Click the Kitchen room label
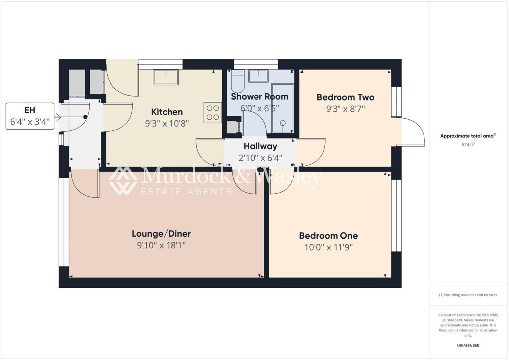[167, 112]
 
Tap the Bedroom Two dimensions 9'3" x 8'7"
[345, 109]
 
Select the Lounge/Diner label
[162, 234]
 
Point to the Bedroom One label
[329, 236]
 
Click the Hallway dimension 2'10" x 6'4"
[260, 158]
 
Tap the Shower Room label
[259, 97]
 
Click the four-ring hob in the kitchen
[213, 113]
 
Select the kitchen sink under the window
[166, 77]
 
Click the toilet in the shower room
[238, 82]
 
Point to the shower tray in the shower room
[283, 108]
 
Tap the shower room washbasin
[258, 76]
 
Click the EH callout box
[30, 116]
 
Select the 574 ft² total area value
[468, 145]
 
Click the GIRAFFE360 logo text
[468, 345]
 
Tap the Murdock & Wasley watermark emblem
[122, 181]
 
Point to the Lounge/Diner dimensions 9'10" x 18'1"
[162, 245]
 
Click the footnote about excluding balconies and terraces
[468, 295]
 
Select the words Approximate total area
[467, 136]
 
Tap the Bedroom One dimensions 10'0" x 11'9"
[329, 247]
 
